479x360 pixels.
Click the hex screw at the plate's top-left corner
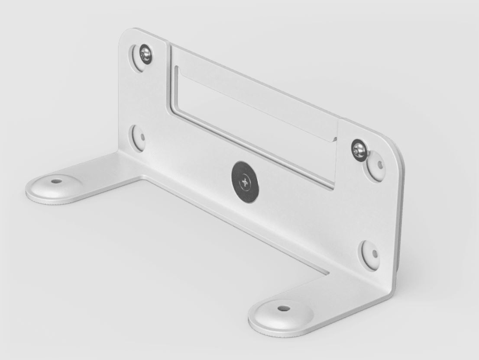(145, 55)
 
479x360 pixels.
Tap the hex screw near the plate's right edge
(359, 149)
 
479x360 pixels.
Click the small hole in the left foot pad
(56, 181)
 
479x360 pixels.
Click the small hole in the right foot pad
(283, 309)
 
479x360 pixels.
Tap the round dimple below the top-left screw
(139, 138)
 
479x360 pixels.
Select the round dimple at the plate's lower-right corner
(369, 254)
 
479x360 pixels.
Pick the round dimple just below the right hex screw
(376, 165)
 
